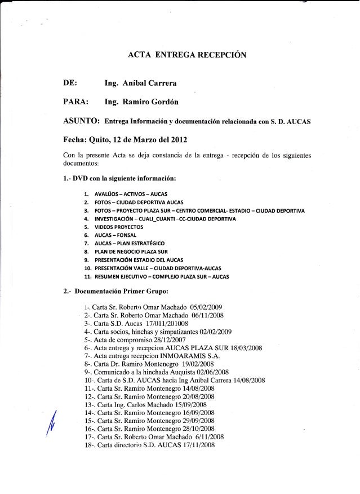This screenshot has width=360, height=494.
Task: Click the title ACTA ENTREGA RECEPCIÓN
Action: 185,55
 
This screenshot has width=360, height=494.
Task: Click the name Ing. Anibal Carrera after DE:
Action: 137,84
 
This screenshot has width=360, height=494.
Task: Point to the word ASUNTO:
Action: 79,121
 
